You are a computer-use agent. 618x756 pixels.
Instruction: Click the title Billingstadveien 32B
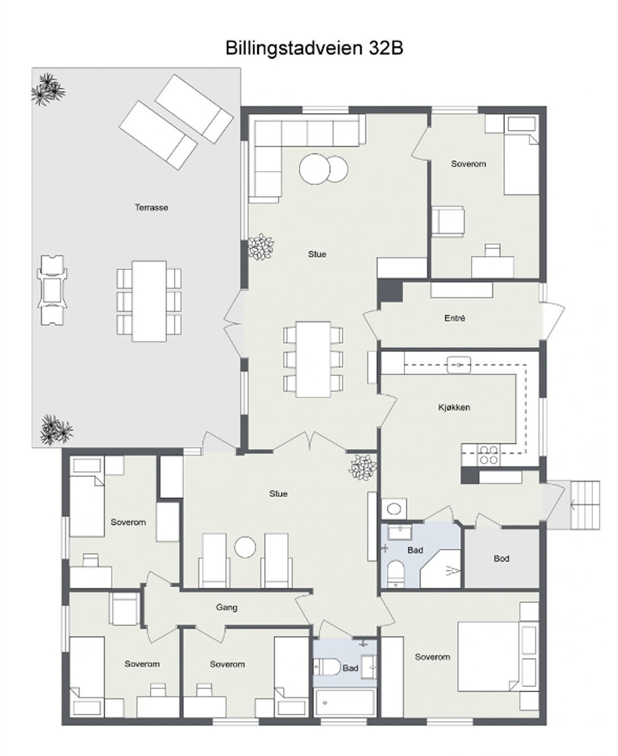click(x=314, y=48)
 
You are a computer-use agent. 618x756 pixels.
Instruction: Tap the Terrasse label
click(x=151, y=208)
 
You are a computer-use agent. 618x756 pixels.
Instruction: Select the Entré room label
click(x=455, y=319)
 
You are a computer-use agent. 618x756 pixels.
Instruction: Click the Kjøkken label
click(x=453, y=407)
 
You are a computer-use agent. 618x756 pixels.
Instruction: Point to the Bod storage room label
click(x=501, y=558)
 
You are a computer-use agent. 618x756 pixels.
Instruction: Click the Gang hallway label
click(x=226, y=607)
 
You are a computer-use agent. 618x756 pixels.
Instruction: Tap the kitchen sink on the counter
click(x=459, y=364)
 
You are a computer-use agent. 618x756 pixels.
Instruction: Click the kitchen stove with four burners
click(x=488, y=455)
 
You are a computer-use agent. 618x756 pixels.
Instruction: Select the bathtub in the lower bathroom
click(x=345, y=703)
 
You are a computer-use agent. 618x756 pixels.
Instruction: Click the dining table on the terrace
click(x=149, y=301)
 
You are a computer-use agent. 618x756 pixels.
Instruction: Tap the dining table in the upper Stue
click(x=313, y=360)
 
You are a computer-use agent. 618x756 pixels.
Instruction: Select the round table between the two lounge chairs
click(x=245, y=547)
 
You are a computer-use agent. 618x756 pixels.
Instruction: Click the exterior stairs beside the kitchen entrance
click(x=584, y=505)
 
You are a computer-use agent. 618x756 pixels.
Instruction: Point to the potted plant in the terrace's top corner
click(x=48, y=89)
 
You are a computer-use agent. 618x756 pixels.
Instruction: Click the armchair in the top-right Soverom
click(x=448, y=222)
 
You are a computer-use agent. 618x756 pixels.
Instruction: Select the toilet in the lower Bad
click(x=328, y=668)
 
